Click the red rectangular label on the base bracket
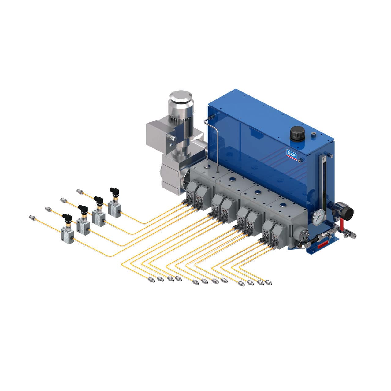tap(326, 244)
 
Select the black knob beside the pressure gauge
tap(346, 211)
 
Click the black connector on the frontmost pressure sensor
tap(67, 218)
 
